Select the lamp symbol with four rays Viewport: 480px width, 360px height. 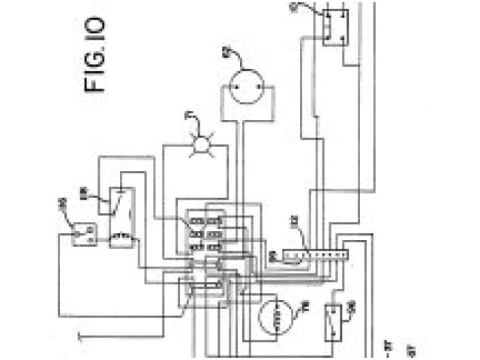200,145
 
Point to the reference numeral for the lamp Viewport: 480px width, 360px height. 188,117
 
